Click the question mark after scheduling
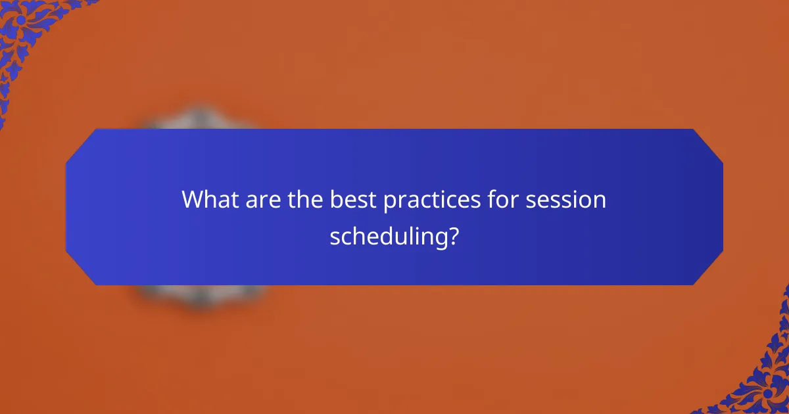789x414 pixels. pyautogui.click(x=452, y=236)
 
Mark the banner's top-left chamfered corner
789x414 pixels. pyautogui.click(x=80, y=144)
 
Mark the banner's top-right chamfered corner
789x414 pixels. pyautogui.click(x=708, y=144)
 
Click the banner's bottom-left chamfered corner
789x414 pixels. pyautogui.click(x=80, y=270)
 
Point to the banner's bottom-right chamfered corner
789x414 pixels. pyautogui.click(x=708, y=270)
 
